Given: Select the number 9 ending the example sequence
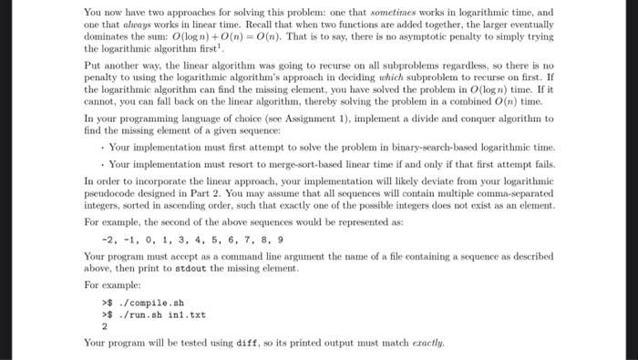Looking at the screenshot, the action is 281,241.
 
